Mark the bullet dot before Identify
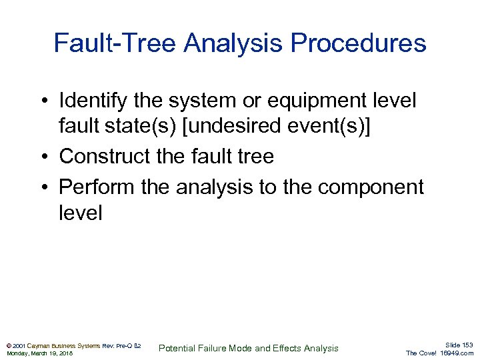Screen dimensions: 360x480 coord(43,101)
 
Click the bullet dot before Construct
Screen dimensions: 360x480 coord(43,157)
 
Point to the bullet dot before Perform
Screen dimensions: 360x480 coord(43,188)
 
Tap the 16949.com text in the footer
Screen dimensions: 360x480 coord(457,353)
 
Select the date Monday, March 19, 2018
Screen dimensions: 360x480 coord(39,353)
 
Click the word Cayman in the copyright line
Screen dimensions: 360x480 coord(41,345)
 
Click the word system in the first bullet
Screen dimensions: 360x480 coord(209,101)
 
